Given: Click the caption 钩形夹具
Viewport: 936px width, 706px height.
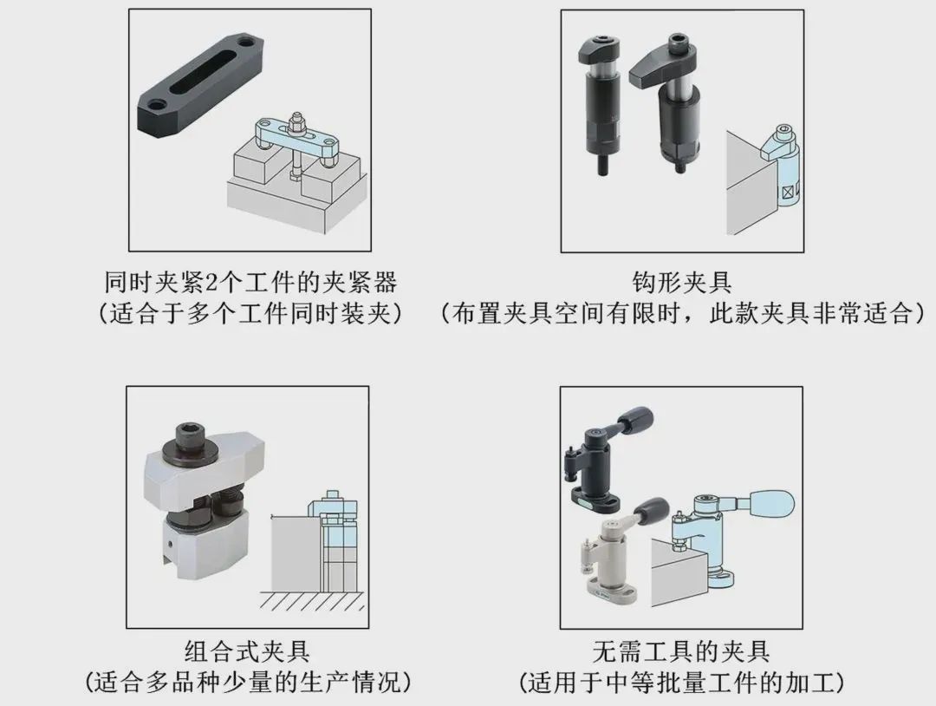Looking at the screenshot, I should pyautogui.click(x=682, y=282).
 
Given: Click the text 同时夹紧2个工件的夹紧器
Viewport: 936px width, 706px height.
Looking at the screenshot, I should pyautogui.click(x=250, y=282).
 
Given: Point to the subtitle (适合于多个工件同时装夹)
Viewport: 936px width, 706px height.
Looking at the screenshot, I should pyautogui.click(x=250, y=313).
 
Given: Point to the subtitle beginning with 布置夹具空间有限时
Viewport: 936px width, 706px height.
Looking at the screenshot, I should pyautogui.click(x=682, y=313).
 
